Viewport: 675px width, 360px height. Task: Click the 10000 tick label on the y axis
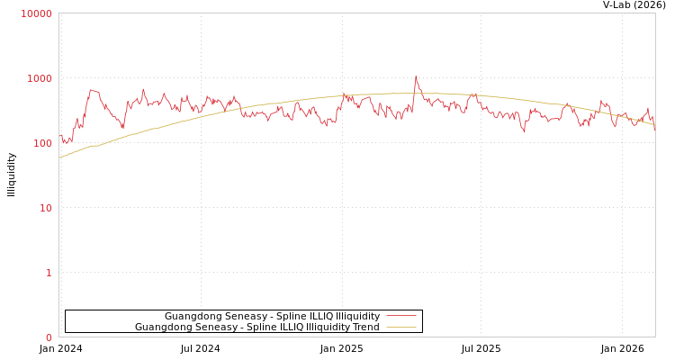(x=37, y=13)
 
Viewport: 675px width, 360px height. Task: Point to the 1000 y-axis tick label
(x=40, y=78)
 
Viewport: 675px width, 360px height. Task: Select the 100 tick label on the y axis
(x=42, y=143)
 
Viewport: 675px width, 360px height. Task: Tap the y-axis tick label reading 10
(x=45, y=208)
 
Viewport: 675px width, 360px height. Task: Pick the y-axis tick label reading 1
(x=49, y=273)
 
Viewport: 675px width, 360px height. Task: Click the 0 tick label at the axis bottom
(x=49, y=337)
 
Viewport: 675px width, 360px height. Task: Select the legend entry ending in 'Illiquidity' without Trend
(x=272, y=317)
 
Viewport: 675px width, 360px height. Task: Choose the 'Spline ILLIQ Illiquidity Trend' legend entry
(x=256, y=328)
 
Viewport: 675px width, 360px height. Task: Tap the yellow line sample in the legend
(x=401, y=328)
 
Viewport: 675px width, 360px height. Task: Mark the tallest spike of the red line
(x=416, y=76)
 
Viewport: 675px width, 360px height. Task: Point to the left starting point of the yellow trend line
(x=59, y=158)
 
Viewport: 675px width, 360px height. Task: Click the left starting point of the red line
(x=59, y=137)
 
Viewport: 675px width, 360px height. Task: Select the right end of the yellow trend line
(x=654, y=125)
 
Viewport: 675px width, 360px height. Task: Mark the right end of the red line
(x=654, y=129)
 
